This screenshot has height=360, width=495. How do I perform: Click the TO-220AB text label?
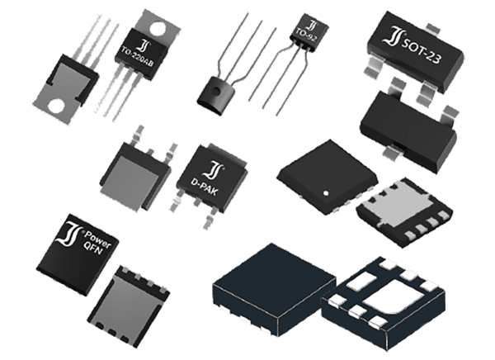point(138,58)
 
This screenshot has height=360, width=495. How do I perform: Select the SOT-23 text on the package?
point(421,52)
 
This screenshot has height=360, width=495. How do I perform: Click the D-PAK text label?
point(204,187)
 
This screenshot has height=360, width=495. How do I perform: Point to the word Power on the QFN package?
point(98,240)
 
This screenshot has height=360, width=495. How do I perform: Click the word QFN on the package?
point(92,248)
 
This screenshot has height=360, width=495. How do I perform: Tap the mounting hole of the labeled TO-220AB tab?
point(158,28)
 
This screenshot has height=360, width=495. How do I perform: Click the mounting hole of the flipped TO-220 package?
point(57,106)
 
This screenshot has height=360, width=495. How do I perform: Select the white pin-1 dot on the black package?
point(327,193)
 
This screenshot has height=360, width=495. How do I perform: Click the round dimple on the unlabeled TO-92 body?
point(216,92)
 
